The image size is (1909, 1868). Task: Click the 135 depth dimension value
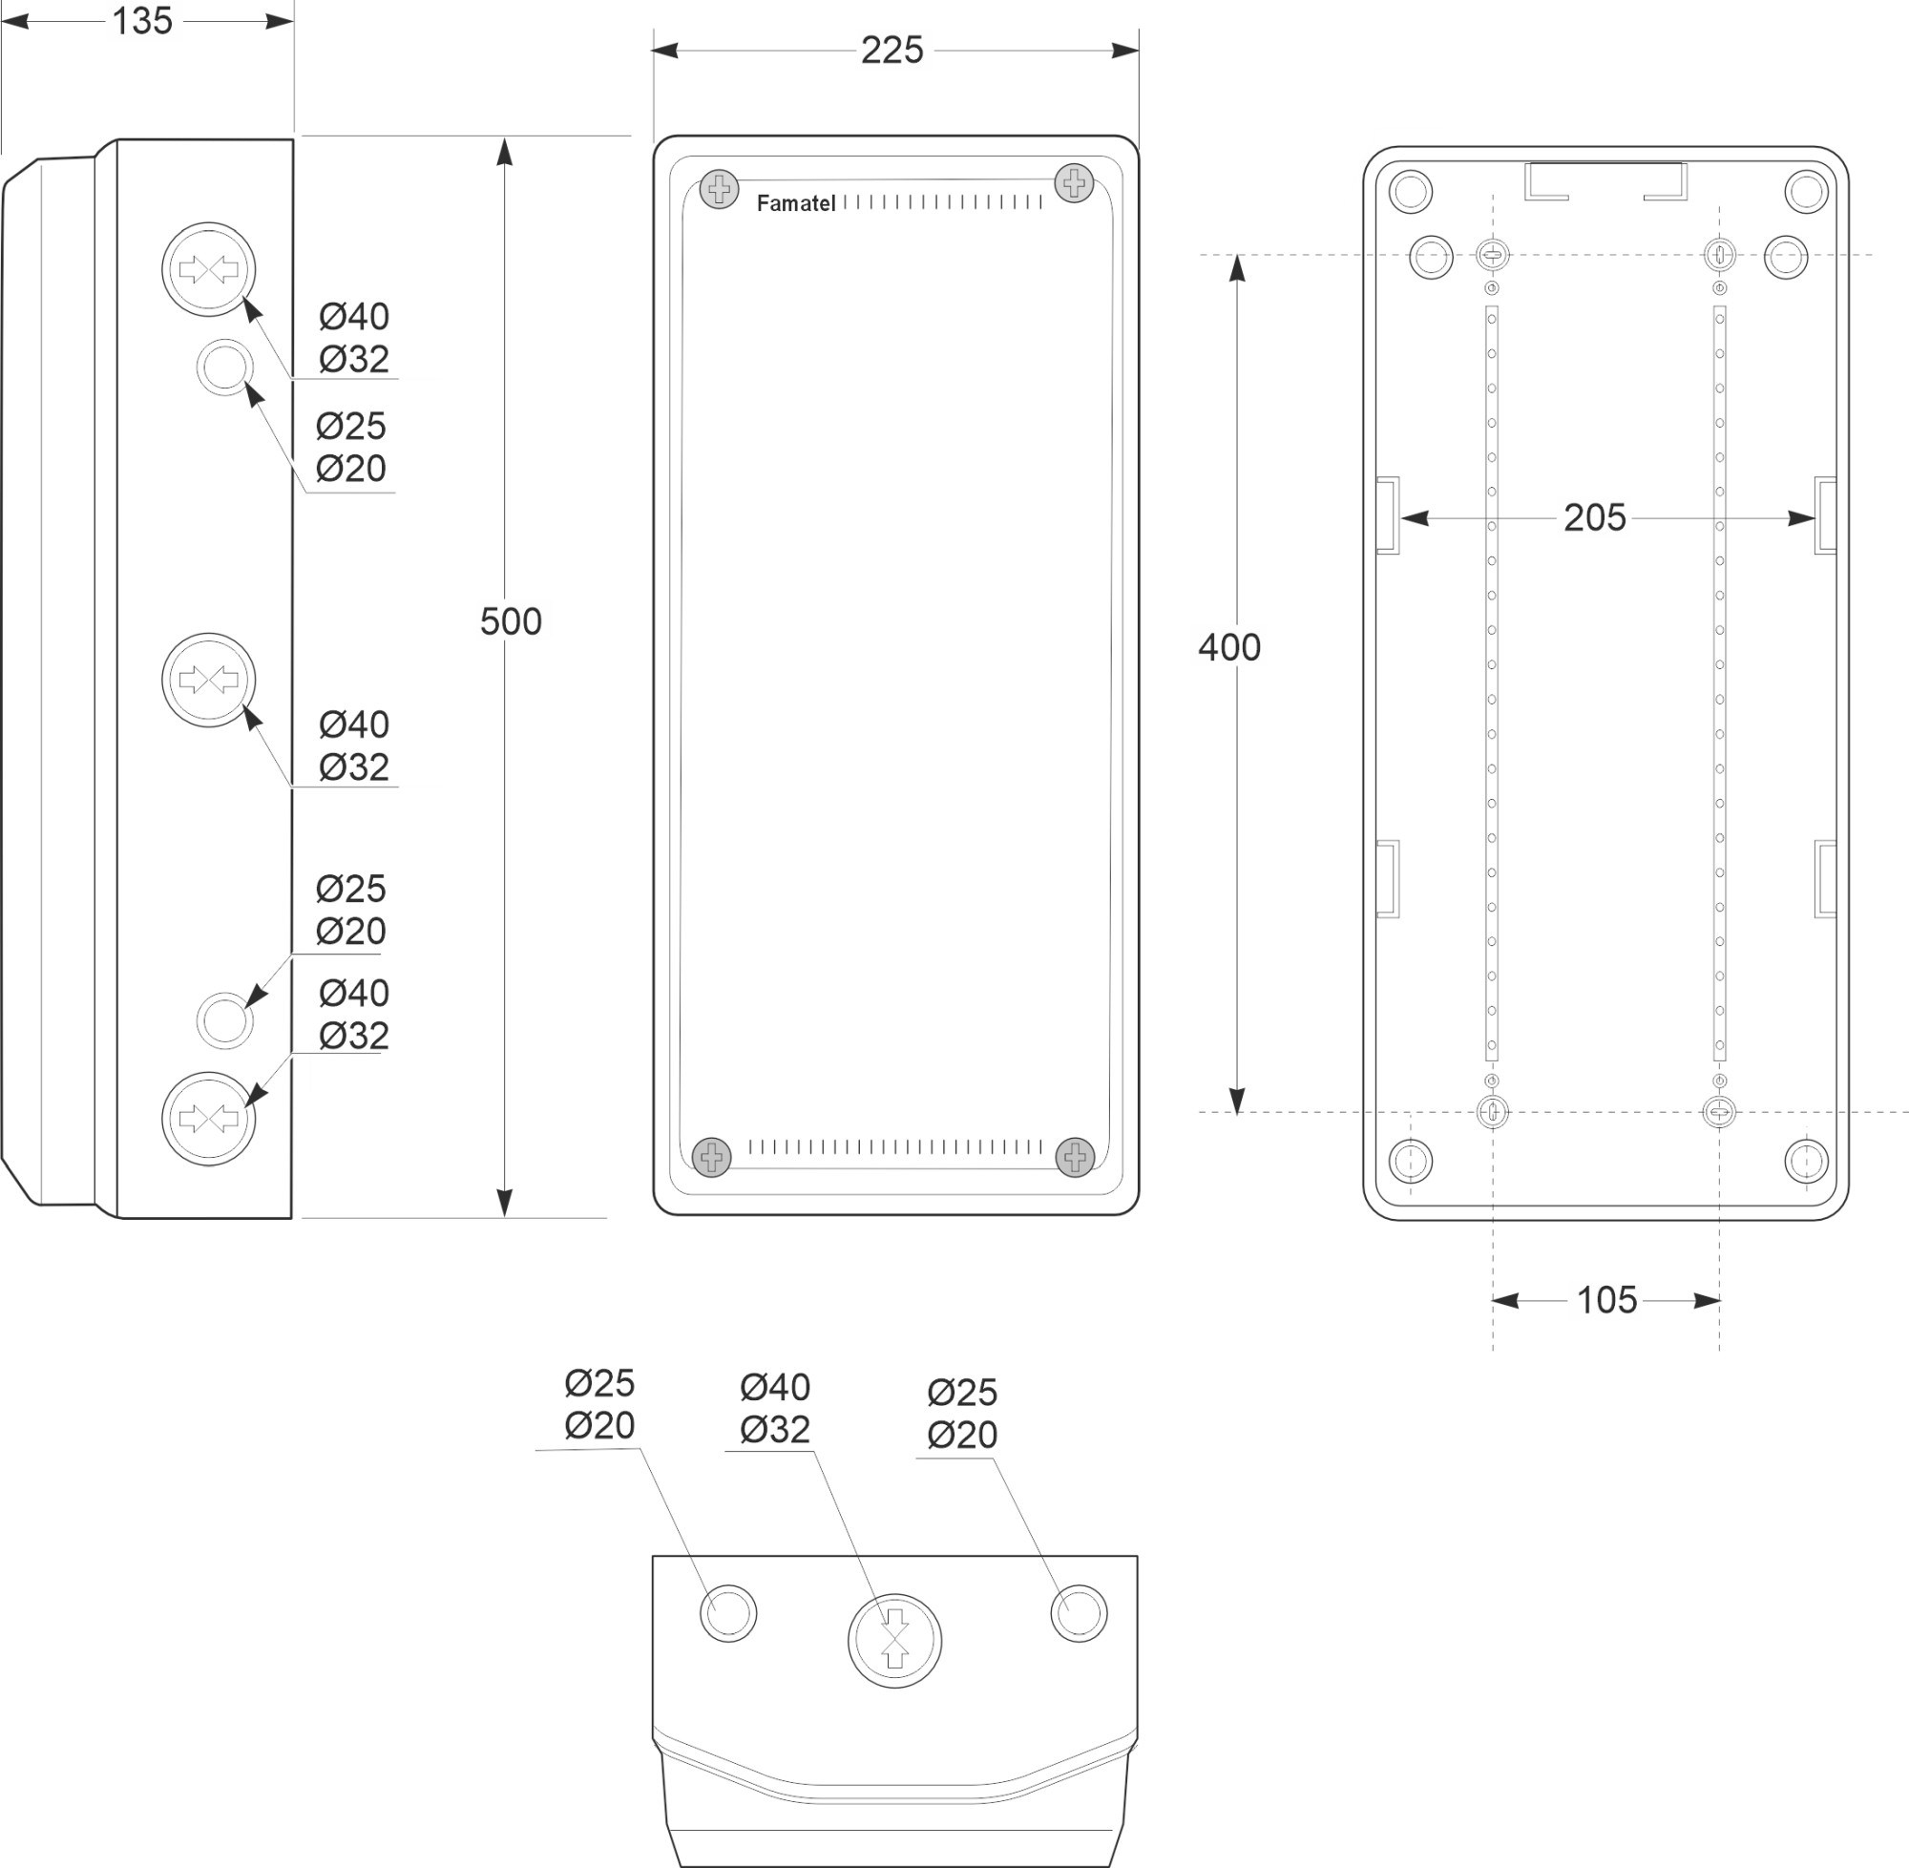[142, 21]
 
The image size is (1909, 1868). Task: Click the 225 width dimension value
[892, 50]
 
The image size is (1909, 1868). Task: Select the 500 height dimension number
[510, 621]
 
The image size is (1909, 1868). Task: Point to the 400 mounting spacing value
[1228, 647]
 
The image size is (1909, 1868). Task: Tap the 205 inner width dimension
[1594, 518]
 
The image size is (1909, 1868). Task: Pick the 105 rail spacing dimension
[1605, 1300]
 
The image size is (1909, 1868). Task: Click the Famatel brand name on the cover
[796, 203]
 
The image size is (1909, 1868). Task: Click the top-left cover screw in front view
[719, 188]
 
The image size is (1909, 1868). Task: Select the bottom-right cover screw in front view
[1075, 1158]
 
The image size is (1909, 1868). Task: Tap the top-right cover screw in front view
[1074, 182]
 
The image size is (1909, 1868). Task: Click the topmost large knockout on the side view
[208, 269]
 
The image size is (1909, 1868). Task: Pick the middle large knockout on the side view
[208, 679]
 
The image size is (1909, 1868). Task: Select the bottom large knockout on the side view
[208, 1119]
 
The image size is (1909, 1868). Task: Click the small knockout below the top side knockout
[224, 367]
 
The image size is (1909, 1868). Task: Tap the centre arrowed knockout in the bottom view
[893, 1641]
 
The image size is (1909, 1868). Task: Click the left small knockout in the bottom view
[728, 1613]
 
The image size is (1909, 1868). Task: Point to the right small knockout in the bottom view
[1080, 1613]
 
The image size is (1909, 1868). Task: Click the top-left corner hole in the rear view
[1411, 191]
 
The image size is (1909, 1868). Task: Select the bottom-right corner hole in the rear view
[1806, 1161]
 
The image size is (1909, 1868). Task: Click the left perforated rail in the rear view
[1492, 682]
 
